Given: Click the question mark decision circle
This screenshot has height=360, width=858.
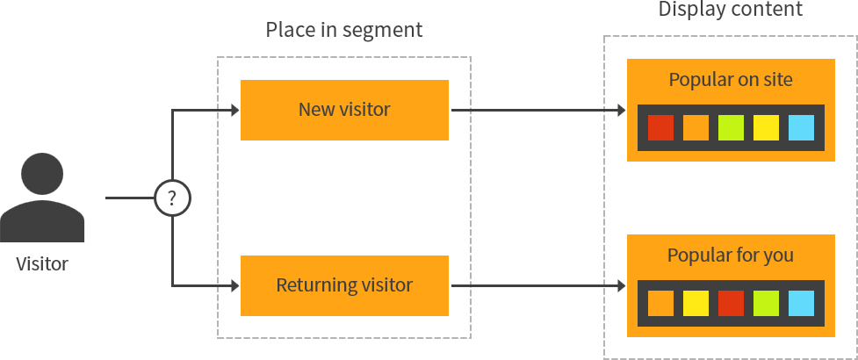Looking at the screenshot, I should pos(172,198).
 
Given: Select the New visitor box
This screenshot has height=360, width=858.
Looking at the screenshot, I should pos(344,110).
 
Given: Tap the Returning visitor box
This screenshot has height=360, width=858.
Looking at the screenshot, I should pos(344,285).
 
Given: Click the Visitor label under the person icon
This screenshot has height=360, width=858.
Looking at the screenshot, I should pos(42,263).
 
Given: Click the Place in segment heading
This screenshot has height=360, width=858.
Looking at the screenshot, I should pos(343,30).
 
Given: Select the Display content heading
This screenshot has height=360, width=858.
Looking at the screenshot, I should pos(730,10).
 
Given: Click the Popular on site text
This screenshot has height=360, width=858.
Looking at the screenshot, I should pos(731,80).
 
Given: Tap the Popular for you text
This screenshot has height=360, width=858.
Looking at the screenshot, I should pos(731,256).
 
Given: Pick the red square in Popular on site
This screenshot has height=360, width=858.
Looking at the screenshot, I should pos(660,128).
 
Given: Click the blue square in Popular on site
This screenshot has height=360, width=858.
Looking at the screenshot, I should pos(801,128).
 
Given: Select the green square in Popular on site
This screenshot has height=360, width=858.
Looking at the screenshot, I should pos(731,128).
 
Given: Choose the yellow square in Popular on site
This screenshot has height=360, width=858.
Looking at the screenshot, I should pos(766,128).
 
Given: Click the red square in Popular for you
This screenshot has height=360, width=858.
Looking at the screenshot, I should pos(731,304).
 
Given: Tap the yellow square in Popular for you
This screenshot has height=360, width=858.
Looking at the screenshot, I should pos(696,304).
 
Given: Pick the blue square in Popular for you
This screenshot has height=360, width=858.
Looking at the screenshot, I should pos(801,304).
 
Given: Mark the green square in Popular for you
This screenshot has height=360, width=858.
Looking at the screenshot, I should pos(766,304).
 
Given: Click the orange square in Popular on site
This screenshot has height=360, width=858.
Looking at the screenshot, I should pos(696,128).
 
